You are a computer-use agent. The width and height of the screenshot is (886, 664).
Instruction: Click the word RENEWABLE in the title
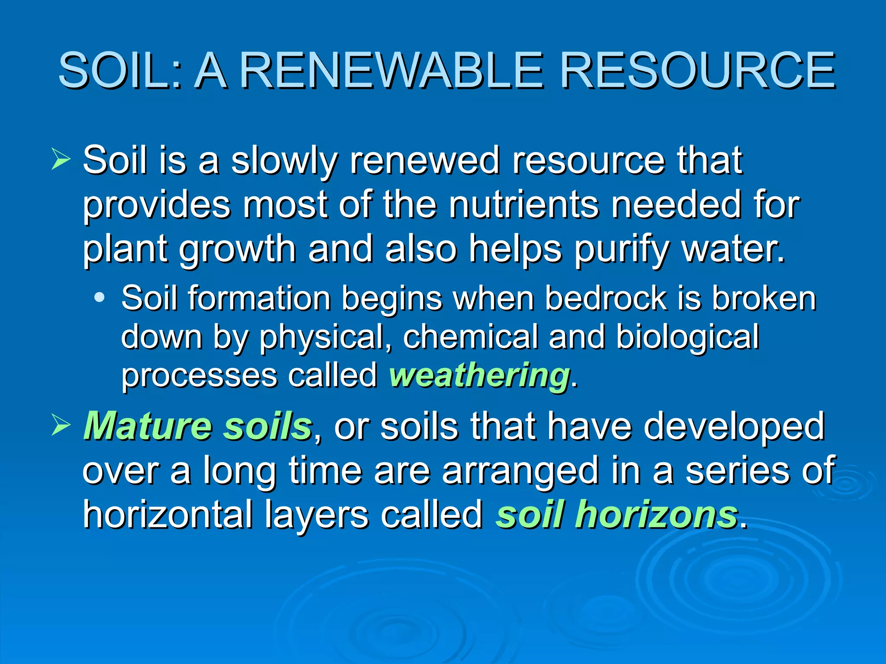coord(391,70)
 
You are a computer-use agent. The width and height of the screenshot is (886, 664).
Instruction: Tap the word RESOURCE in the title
coord(697,70)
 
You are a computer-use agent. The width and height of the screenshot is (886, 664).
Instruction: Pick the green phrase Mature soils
coord(198,426)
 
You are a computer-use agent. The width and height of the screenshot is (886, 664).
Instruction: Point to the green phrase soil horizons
coord(617,514)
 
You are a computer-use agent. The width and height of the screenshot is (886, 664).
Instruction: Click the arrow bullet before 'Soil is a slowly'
coord(61,159)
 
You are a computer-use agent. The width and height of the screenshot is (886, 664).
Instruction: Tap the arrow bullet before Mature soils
coord(61,425)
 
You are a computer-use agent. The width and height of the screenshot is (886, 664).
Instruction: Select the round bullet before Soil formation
coord(100,297)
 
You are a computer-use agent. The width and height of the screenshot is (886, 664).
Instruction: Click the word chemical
coord(471,336)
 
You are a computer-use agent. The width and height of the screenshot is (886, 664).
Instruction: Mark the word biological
coord(688,337)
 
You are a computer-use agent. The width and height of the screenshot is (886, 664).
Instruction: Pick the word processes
coord(199,376)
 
